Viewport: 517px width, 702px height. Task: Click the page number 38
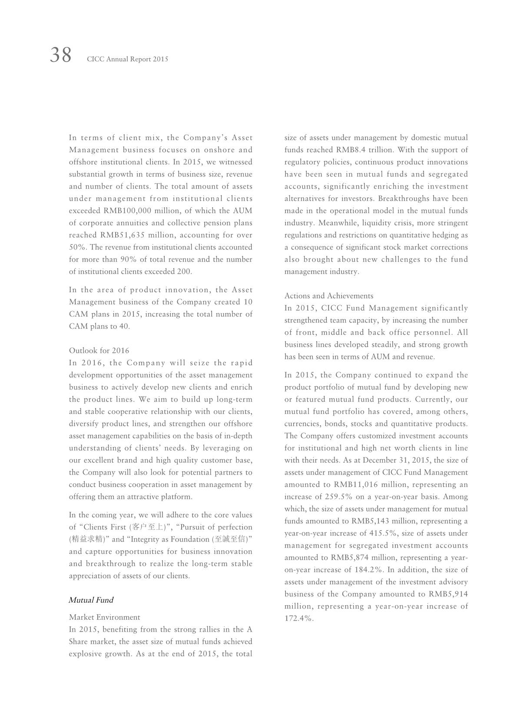click(x=60, y=56)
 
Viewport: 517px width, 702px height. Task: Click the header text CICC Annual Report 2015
click(x=127, y=59)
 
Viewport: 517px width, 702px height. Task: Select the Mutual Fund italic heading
click(x=91, y=600)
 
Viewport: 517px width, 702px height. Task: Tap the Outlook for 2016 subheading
click(x=99, y=350)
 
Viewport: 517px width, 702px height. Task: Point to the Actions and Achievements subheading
click(x=329, y=296)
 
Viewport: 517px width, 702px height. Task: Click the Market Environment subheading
click(x=104, y=617)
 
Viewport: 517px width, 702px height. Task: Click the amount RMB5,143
click(x=372, y=521)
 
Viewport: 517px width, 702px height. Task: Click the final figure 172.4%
click(x=298, y=618)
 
